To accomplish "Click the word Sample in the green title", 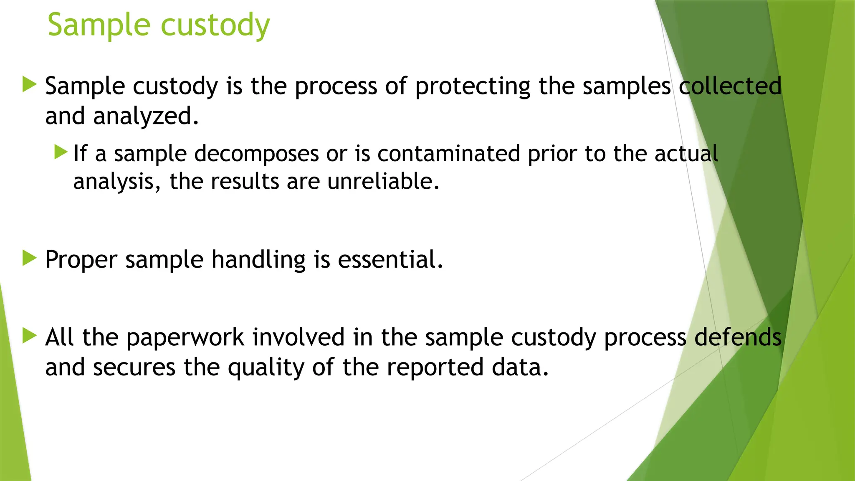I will [x=99, y=25].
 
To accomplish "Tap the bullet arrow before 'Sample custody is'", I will [x=29, y=84].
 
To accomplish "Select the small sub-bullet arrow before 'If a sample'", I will [x=61, y=152].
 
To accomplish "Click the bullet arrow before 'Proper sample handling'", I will [x=29, y=258].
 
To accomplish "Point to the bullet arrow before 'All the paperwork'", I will [x=29, y=336].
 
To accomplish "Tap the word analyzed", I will [x=146, y=116].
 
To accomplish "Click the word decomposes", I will [x=256, y=153].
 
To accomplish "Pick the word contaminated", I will [x=449, y=153].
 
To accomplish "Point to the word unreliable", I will [x=383, y=181].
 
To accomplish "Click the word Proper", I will [x=81, y=260].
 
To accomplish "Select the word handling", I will [x=258, y=260].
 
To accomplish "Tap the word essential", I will [x=390, y=259].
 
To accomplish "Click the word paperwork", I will [x=185, y=337].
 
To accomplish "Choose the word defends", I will [x=738, y=337].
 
